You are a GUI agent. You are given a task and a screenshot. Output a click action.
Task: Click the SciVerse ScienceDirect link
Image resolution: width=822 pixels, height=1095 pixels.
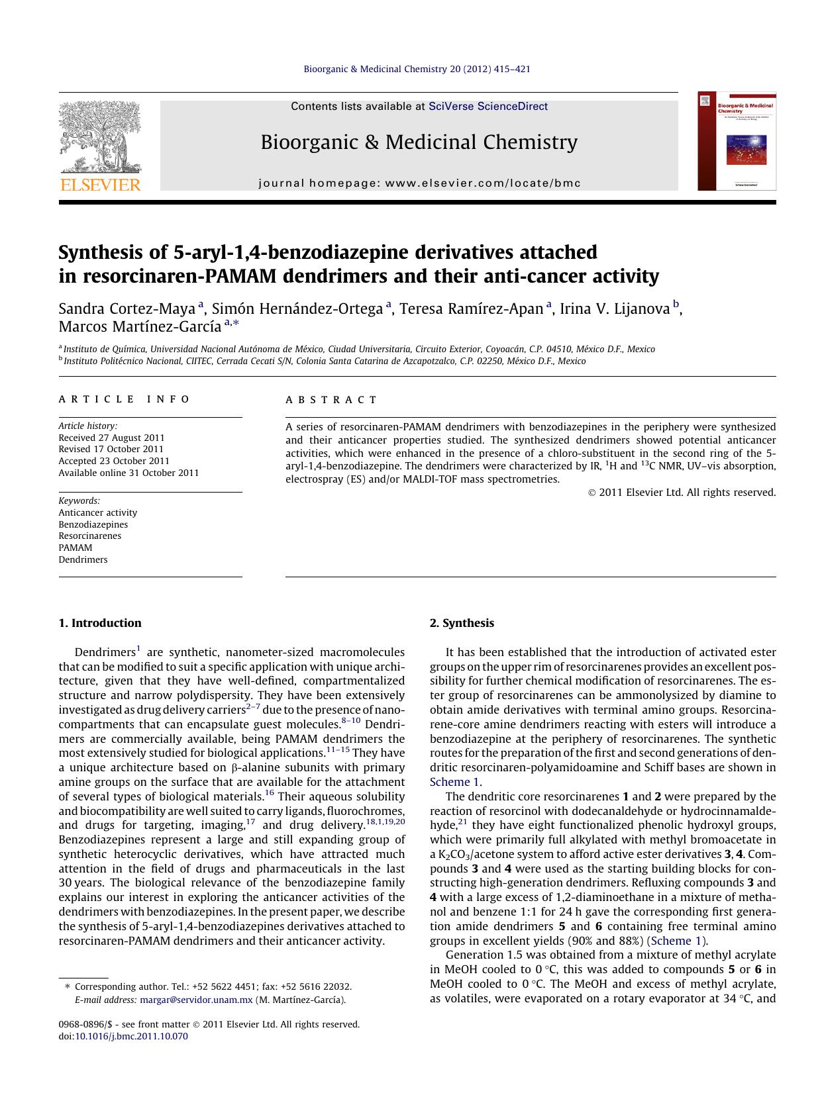(x=488, y=107)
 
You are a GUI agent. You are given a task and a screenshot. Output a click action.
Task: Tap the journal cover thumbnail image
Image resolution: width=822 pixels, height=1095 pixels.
(x=737, y=142)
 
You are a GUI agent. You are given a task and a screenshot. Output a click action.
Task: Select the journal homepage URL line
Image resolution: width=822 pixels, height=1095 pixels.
(x=419, y=183)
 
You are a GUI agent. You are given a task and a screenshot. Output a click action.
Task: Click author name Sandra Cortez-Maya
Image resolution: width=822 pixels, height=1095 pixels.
(x=127, y=309)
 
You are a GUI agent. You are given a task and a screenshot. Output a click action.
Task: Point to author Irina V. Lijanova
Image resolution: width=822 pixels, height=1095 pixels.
(x=615, y=309)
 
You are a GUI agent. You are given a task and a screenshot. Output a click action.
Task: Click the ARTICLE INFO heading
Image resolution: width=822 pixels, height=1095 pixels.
(x=124, y=399)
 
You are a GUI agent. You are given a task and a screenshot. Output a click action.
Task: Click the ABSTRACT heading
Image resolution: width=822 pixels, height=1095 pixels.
(x=331, y=400)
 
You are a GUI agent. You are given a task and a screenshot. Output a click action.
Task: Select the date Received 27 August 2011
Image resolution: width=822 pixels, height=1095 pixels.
(x=111, y=438)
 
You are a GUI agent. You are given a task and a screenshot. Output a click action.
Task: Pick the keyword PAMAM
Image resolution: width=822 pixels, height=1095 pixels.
(x=75, y=547)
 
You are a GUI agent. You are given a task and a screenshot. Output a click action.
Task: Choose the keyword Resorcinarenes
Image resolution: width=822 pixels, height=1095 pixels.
(x=89, y=536)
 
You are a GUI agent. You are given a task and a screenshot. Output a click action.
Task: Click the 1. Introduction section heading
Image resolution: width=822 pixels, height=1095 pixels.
(x=99, y=623)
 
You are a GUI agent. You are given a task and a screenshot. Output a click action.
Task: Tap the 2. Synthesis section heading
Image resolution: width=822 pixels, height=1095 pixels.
(x=462, y=623)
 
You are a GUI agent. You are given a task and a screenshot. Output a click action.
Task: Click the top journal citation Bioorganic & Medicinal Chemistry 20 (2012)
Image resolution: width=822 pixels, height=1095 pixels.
(x=417, y=69)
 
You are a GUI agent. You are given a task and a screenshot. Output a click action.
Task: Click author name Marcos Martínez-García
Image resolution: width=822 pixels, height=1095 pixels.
(x=140, y=326)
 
